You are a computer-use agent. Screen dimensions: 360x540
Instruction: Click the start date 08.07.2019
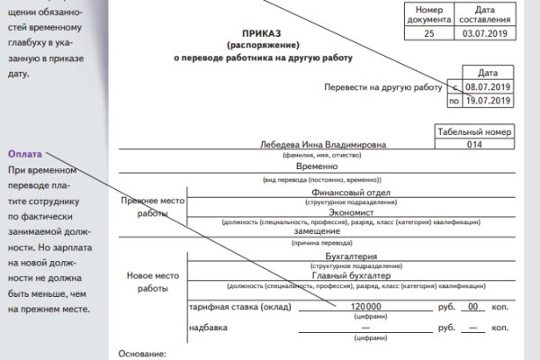pos(487,88)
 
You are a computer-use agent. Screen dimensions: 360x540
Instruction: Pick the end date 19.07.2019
pos(487,102)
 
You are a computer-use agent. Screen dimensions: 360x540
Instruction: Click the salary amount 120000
pos(359,307)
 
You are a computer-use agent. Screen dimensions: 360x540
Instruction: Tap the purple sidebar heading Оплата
pos(25,154)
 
